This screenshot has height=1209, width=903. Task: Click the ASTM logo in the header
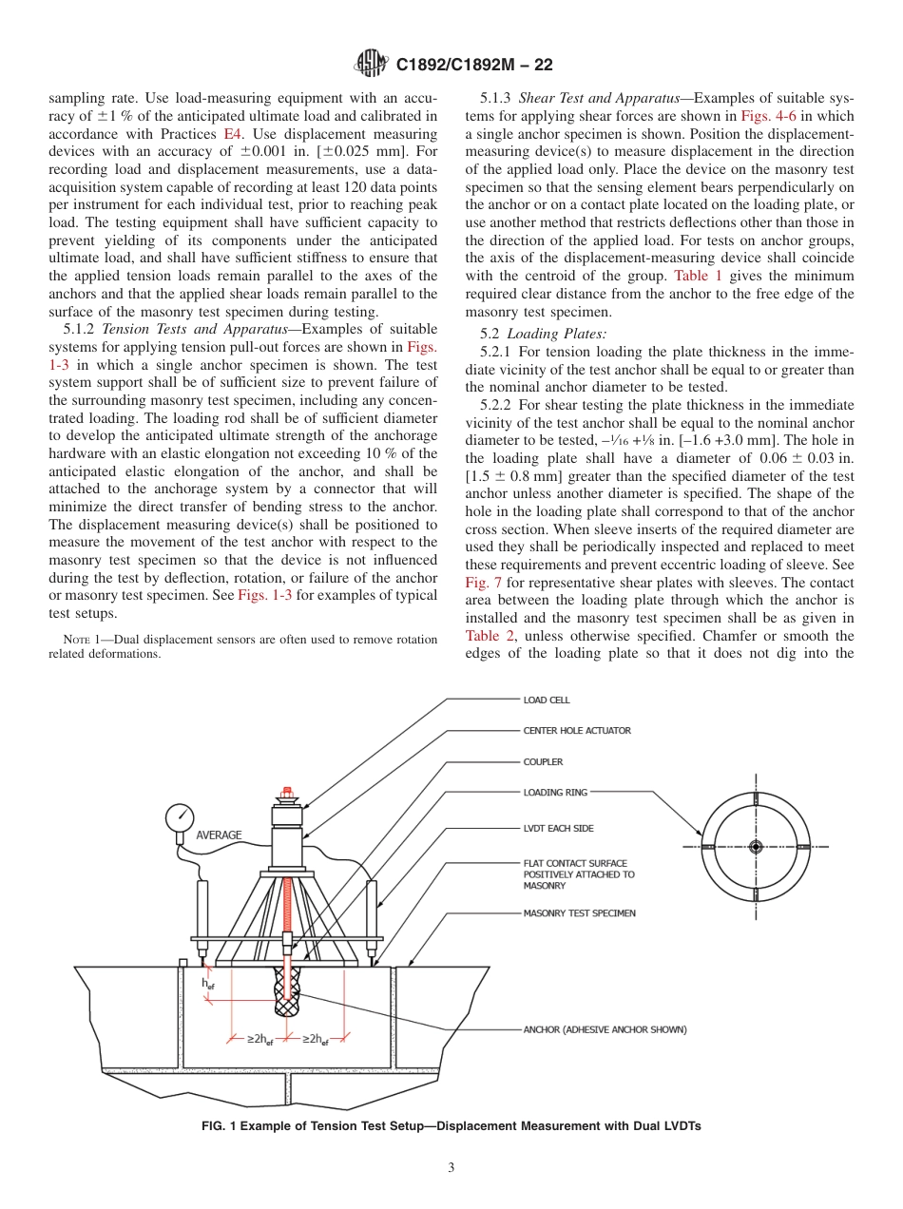(370, 64)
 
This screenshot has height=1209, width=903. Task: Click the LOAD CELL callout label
(547, 700)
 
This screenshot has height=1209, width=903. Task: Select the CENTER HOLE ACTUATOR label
(576, 731)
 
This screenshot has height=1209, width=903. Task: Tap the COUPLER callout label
(543, 762)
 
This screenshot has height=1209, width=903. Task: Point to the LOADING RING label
(555, 793)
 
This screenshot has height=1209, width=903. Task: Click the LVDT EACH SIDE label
(558, 829)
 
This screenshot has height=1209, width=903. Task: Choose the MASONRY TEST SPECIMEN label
(579, 913)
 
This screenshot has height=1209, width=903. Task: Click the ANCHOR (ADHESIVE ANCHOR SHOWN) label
(605, 1029)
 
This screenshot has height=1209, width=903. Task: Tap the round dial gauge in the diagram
(179, 817)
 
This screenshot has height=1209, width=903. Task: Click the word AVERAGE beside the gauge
(219, 835)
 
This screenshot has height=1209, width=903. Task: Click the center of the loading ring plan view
(756, 846)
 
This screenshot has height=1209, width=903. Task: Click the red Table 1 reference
(698, 276)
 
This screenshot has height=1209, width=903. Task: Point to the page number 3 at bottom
(451, 1168)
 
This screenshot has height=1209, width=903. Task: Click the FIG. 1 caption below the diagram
(451, 1126)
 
